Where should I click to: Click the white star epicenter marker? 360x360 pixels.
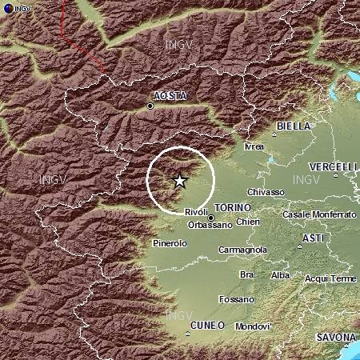pyautogui.click(x=180, y=181)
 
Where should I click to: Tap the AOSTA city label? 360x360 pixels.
pyautogui.click(x=169, y=96)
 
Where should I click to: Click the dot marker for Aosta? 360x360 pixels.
pyautogui.click(x=150, y=106)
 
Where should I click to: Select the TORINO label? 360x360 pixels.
pyautogui.click(x=233, y=207)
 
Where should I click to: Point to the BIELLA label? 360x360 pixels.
pyautogui.click(x=292, y=126)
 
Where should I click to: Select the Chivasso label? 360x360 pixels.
pyautogui.click(x=266, y=192)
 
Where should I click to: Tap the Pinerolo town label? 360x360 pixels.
pyautogui.click(x=169, y=242)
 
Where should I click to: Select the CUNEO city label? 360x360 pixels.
pyautogui.click(x=208, y=326)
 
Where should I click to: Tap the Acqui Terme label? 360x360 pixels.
pyautogui.click(x=330, y=278)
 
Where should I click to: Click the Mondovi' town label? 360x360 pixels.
pyautogui.click(x=254, y=327)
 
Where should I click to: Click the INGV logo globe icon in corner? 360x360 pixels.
pyautogui.click(x=8, y=8)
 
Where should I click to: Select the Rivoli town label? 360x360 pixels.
pyautogui.click(x=196, y=212)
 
